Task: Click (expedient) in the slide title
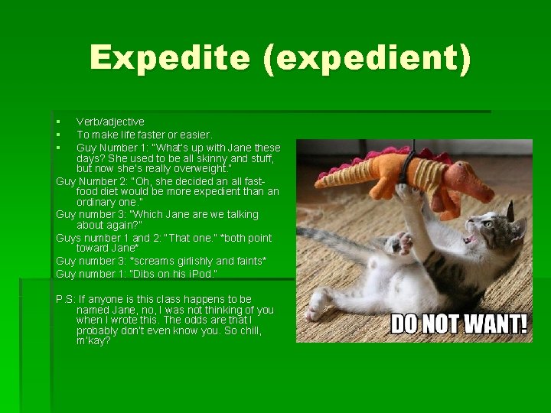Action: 367,59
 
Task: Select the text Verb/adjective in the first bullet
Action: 110,122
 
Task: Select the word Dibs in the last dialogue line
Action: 145,273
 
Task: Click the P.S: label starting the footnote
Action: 66,299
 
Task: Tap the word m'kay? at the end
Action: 93,340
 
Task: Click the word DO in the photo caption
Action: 406,324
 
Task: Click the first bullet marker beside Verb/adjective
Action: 58,122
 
